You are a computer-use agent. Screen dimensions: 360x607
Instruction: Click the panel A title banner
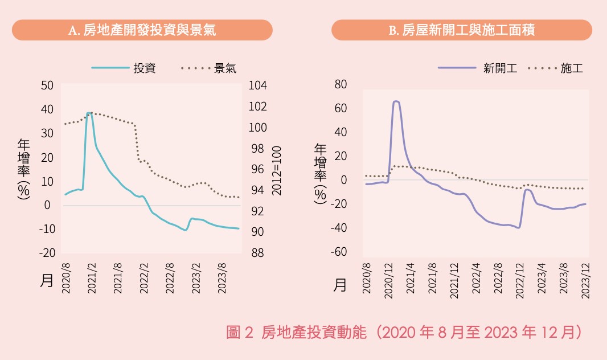[x=142, y=30]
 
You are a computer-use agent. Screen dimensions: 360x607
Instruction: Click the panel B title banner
[x=461, y=30]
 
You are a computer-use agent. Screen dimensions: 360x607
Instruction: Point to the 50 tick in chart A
[x=46, y=85]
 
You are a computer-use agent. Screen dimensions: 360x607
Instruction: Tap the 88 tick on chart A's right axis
[x=257, y=253]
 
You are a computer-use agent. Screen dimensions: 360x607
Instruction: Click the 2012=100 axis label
[x=277, y=170]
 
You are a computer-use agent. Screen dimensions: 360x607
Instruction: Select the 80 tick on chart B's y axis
[x=341, y=84]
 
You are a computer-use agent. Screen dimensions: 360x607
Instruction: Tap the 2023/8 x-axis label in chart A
[x=223, y=279]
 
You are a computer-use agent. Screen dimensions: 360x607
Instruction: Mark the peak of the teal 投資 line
[x=89, y=113]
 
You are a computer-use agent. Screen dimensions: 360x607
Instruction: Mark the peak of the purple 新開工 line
[x=396, y=101]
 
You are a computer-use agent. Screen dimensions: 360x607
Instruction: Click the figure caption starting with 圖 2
[x=403, y=333]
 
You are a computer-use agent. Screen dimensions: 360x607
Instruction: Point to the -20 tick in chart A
[x=46, y=253]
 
